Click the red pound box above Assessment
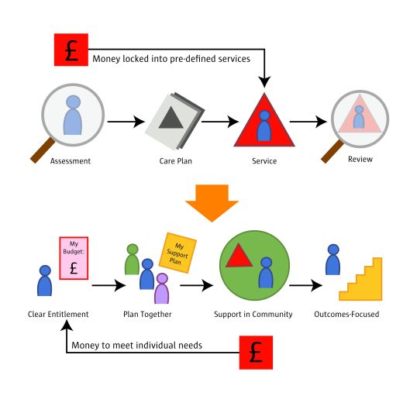(x=71, y=50)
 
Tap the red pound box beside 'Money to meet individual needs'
(x=256, y=353)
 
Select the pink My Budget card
(x=74, y=258)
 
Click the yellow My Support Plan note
(x=177, y=253)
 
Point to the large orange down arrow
(x=212, y=203)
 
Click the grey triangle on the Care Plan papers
(x=170, y=118)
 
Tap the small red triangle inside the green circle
(x=239, y=255)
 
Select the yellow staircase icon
(x=360, y=279)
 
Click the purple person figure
(x=162, y=288)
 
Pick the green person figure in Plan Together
(x=133, y=259)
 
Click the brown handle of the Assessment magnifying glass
(x=43, y=150)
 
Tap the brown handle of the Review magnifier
(x=332, y=151)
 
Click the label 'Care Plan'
(x=176, y=161)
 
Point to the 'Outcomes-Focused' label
(x=346, y=314)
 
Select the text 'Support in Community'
(x=253, y=314)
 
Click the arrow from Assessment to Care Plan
(x=126, y=122)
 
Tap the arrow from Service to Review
(x=308, y=122)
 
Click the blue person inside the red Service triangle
(x=264, y=126)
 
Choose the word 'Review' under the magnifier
(x=360, y=159)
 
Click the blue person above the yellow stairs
(x=333, y=260)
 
